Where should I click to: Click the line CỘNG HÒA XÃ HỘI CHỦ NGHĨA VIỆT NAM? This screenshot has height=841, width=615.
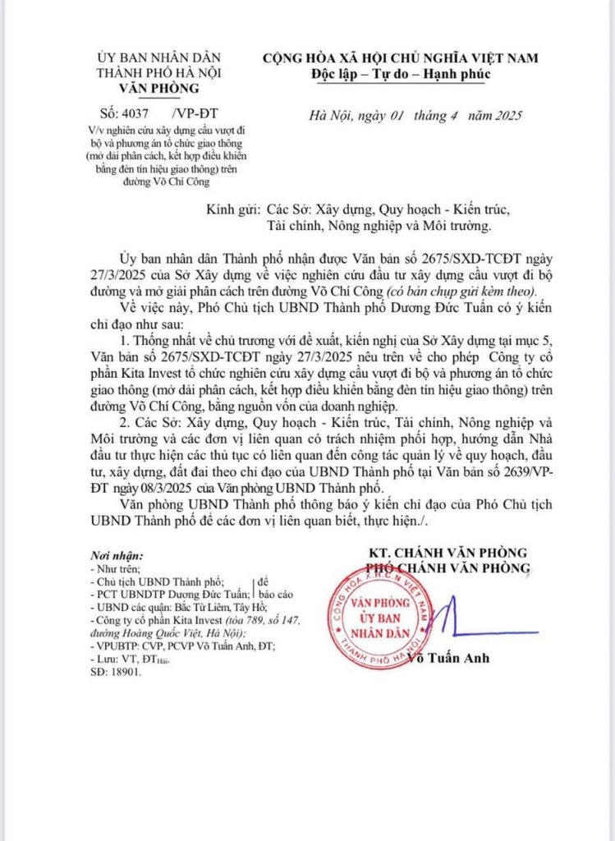click(400, 58)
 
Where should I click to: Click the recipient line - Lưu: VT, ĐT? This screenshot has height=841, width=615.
click(131, 659)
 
